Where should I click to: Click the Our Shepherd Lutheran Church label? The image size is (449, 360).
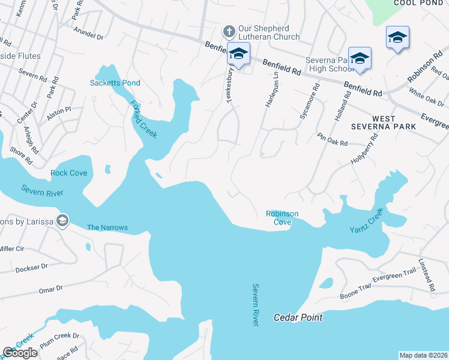coord(264,32)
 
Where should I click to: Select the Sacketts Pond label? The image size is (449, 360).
coord(115,83)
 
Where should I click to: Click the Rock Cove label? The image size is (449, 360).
coord(68,173)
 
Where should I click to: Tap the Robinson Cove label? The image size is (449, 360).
coord(282,218)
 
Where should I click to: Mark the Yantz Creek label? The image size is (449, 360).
coord(366,221)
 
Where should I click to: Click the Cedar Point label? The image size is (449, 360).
coord(298,317)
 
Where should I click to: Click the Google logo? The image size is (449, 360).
coord(20,353)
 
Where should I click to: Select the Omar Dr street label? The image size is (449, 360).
coord(50,289)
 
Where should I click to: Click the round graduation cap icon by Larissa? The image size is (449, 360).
coord(62,221)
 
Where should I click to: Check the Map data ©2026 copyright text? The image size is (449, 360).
coord(423,355)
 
